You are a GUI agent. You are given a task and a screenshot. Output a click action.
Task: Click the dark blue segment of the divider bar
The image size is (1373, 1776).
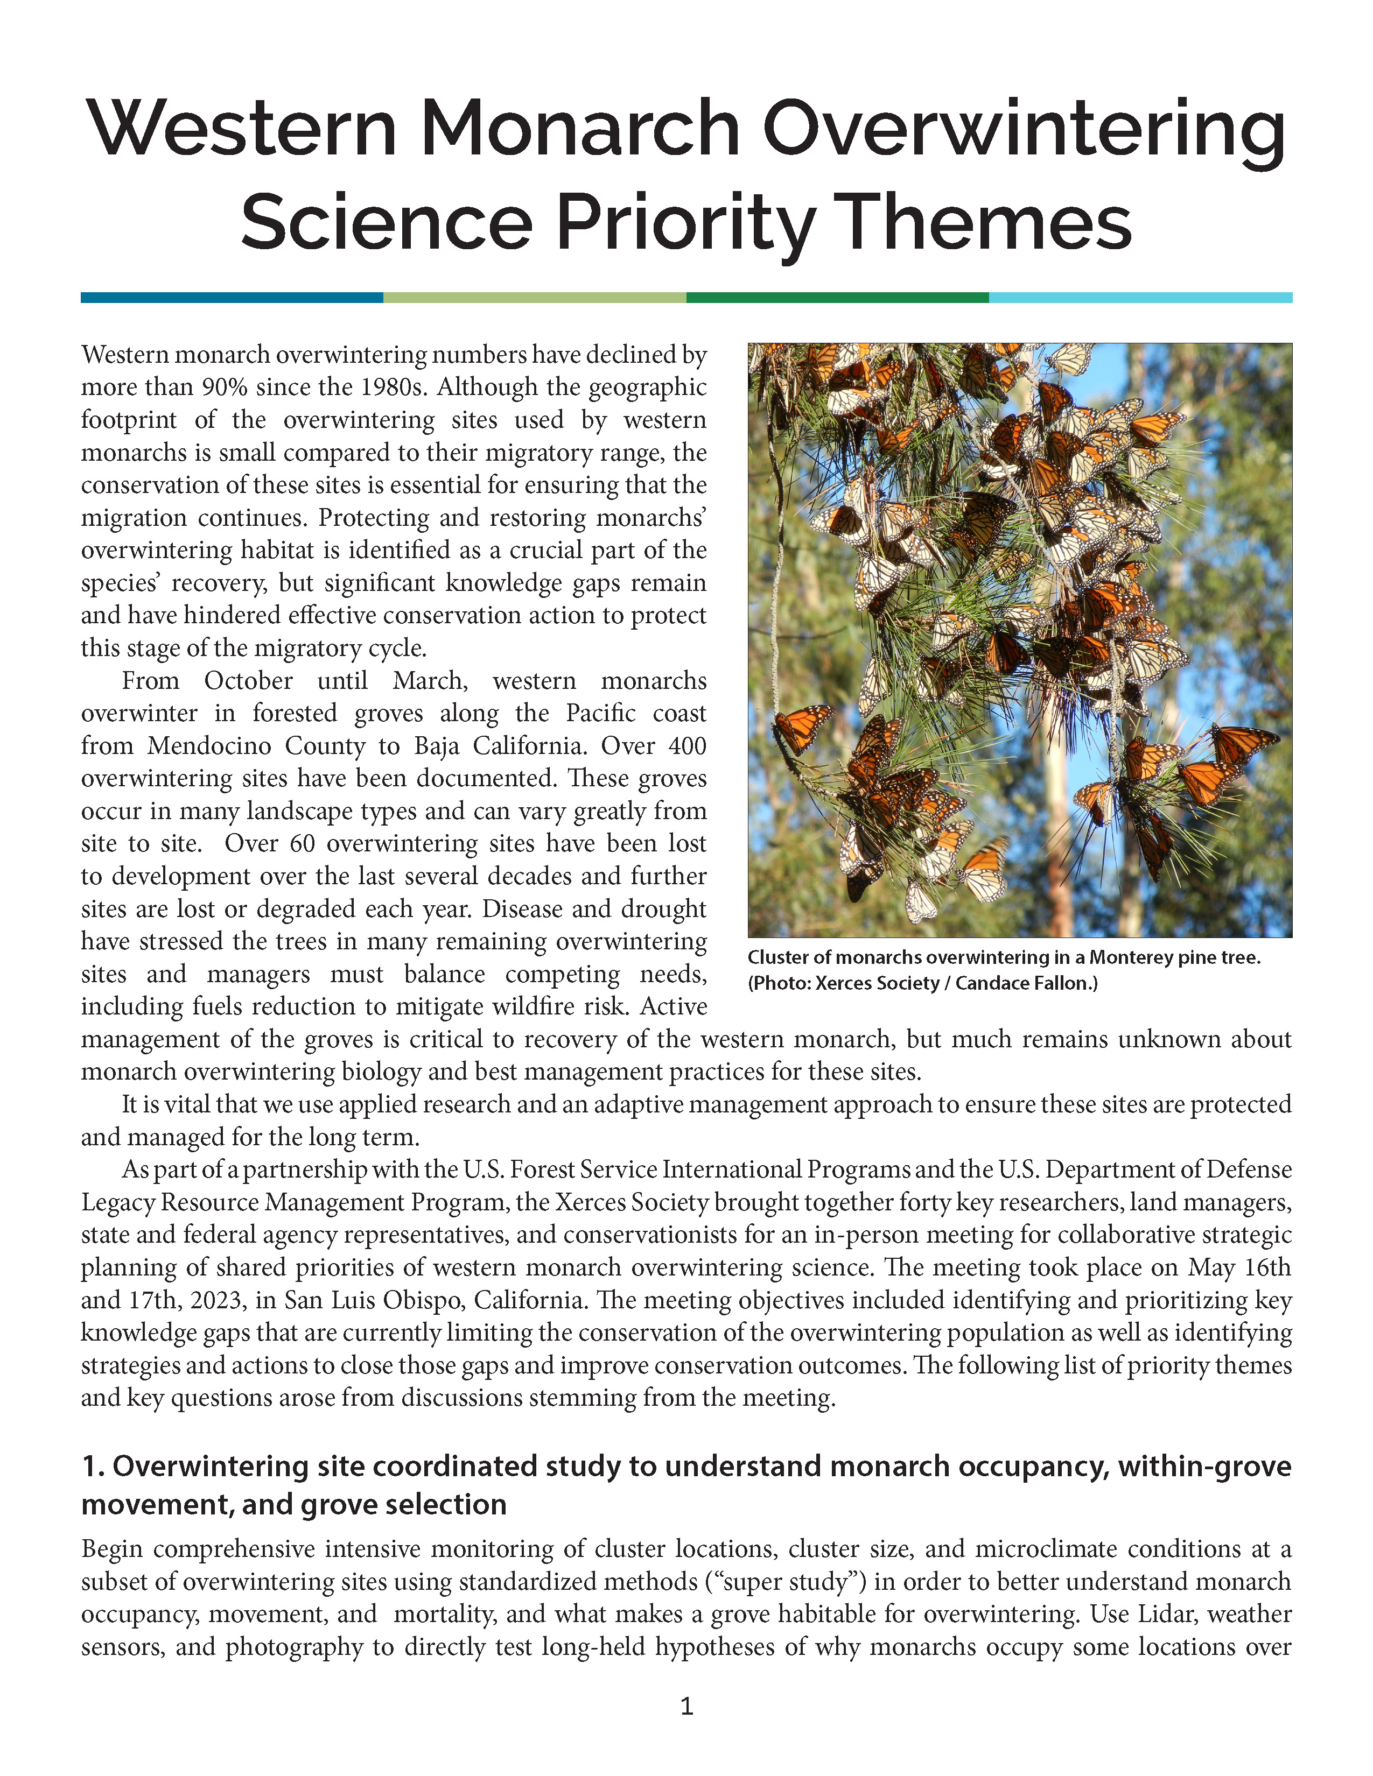tap(232, 298)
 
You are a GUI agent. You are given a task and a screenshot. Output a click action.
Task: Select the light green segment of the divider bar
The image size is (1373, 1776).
tap(535, 298)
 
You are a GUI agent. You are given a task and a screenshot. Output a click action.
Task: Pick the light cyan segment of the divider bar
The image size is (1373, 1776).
tap(1140, 298)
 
